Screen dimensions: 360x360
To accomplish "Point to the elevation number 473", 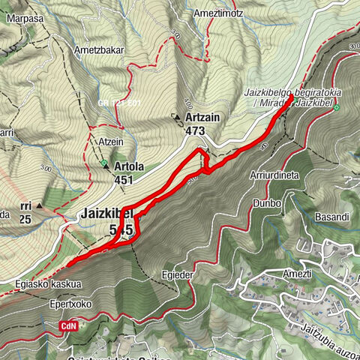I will coord(195,131).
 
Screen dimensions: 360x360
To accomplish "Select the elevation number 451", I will coord(124,179).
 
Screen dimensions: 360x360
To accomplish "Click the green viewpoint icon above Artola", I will coord(103,161).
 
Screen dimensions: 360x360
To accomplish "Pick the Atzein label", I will coord(109,140).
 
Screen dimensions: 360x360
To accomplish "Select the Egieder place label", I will coord(177,275).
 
